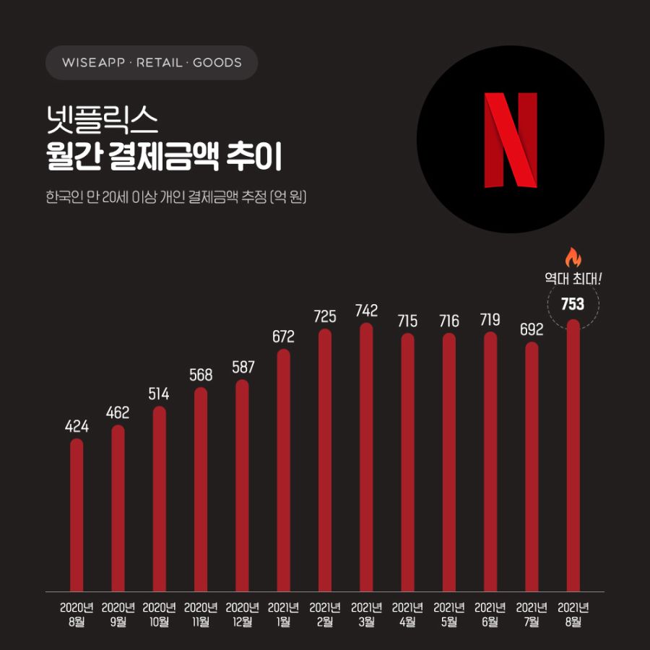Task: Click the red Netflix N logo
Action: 511,139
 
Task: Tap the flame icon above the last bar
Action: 573,258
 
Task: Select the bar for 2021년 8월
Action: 573,455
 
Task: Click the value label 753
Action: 573,304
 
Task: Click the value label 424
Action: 77,427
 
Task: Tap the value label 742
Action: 366,311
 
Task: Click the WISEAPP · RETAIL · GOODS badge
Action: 152,63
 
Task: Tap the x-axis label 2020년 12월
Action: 242,614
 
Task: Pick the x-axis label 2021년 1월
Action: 283,614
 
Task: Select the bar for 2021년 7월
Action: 532,466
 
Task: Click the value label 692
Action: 532,330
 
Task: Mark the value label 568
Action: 201,375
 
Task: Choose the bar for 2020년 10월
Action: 159,498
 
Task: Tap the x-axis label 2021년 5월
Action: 448,614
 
